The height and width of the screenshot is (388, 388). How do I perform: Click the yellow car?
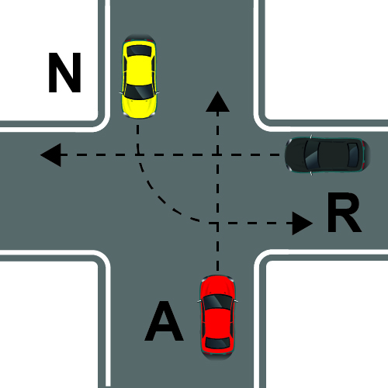pos(139,77)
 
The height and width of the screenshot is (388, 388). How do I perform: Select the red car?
pos(217,317)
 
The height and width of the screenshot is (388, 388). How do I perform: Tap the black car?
pos(327,155)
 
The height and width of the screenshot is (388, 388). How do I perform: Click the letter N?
pos(64,72)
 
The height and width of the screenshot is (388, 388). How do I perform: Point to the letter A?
pos(164,321)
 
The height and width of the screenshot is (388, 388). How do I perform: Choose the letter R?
pos(344,213)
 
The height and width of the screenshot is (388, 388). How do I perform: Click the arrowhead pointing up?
pos(217,102)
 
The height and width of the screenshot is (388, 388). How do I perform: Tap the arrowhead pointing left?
pos(50,155)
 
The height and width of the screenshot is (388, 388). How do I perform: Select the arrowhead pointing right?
pos(303,223)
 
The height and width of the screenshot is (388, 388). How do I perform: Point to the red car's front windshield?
pos(217,302)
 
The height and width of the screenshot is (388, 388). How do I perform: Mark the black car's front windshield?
pos(311,155)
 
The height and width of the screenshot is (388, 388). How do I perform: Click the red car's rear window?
pos(217,343)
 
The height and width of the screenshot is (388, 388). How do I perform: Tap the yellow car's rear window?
pos(139,50)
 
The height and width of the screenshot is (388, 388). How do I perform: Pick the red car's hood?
pos(217,285)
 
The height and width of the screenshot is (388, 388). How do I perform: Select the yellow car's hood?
pos(139,106)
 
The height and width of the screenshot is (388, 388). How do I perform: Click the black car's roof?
pos(333,155)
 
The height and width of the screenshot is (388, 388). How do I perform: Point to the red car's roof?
pos(217,323)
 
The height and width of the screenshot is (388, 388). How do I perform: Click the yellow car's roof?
pos(139,70)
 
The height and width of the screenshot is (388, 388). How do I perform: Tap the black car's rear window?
pos(353,155)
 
